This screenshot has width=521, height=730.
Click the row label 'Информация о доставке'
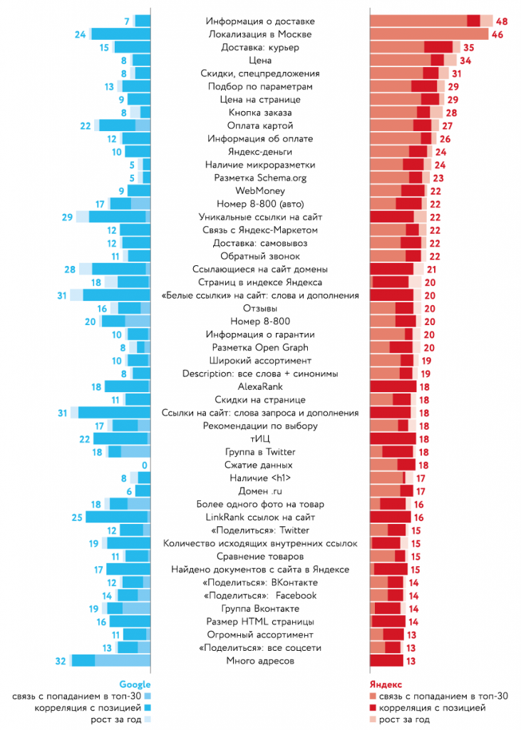pyautogui.click(x=259, y=21)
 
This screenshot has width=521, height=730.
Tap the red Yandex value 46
pyautogui.click(x=497, y=34)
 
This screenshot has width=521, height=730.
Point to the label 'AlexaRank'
pyautogui.click(x=259, y=386)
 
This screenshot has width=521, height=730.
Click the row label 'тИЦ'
pyautogui.click(x=259, y=439)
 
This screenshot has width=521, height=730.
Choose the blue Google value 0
pyautogui.click(x=144, y=465)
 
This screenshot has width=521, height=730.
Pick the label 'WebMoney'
pyautogui.click(x=259, y=190)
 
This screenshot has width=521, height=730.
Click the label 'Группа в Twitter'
pyautogui.click(x=259, y=452)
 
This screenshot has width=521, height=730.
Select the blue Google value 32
pyautogui.click(x=61, y=661)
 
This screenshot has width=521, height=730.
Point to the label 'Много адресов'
pyautogui.click(x=259, y=661)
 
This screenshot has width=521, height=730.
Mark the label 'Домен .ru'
pyautogui.click(x=259, y=491)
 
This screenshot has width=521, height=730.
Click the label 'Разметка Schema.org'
pyautogui.click(x=259, y=178)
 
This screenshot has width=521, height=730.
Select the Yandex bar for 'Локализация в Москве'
pyautogui.click(x=428, y=34)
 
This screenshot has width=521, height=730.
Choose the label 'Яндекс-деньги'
pyautogui.click(x=259, y=152)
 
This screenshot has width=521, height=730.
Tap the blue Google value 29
pyautogui.click(x=68, y=217)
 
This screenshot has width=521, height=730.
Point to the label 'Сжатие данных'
pyautogui.click(x=259, y=465)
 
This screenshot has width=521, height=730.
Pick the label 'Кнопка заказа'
pyautogui.click(x=259, y=113)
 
